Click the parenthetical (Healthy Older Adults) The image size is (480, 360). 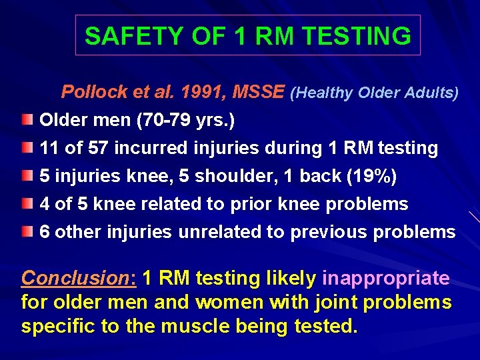tap(374, 93)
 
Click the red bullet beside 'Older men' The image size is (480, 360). tap(25, 121)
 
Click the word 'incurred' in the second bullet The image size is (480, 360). tap(146, 148)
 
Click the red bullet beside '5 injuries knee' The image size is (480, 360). tap(25, 176)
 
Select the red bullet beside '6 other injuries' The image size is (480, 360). tap(25, 232)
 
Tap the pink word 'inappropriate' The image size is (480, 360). tap(386, 277)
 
